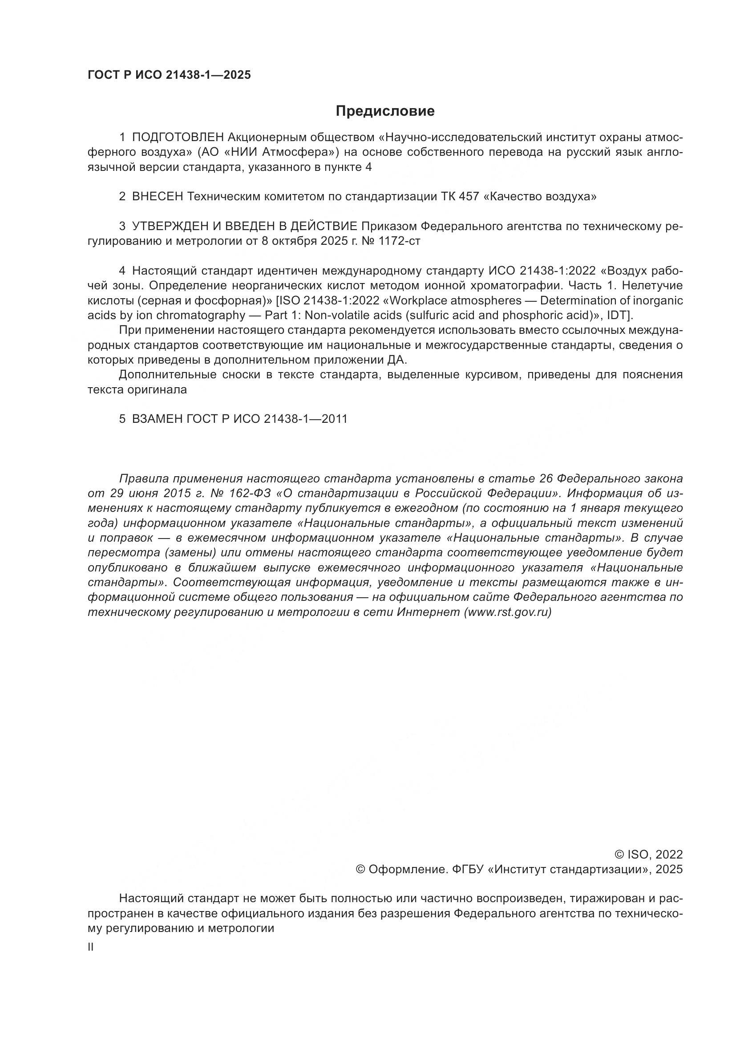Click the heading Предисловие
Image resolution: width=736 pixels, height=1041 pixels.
(x=385, y=111)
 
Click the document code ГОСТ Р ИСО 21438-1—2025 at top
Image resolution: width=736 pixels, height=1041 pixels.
(x=169, y=75)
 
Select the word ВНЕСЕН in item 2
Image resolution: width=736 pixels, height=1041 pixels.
(x=157, y=197)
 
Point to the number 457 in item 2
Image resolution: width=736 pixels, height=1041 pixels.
(x=468, y=197)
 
